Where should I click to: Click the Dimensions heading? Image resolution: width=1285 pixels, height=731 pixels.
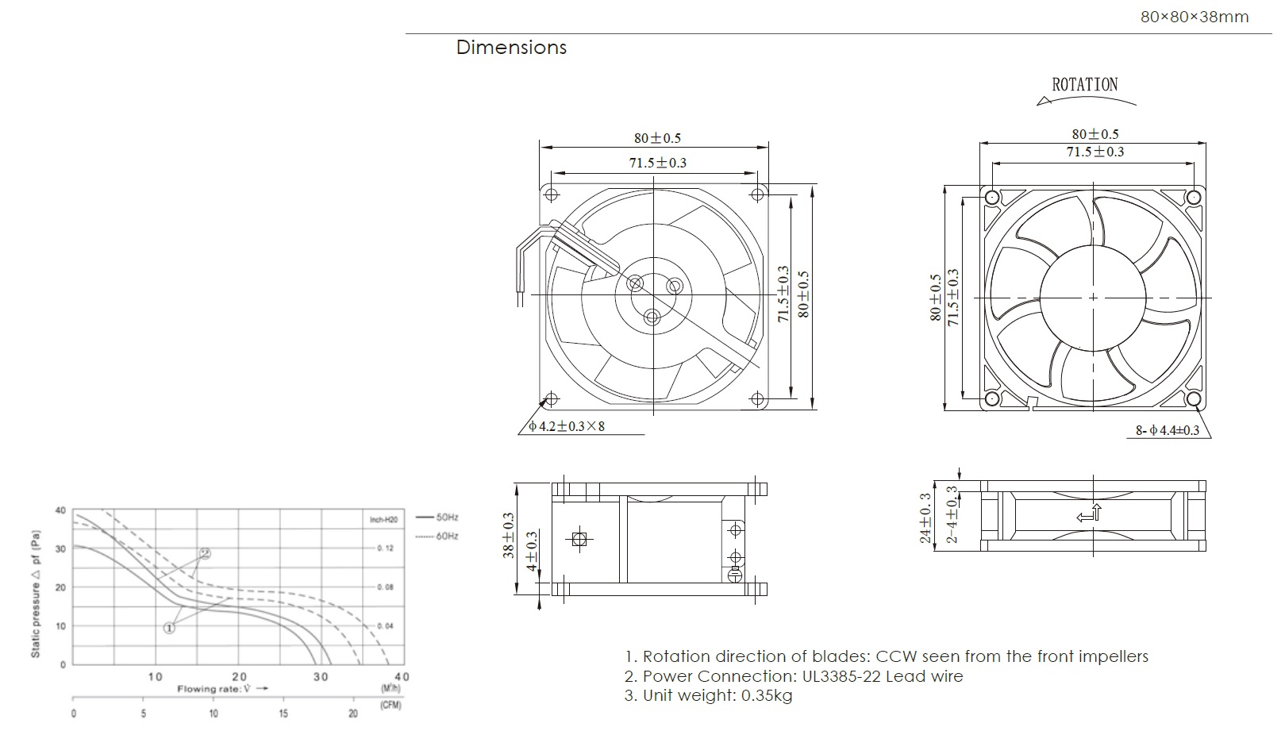[x=511, y=48]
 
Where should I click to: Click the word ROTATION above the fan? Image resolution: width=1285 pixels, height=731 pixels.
[x=1084, y=85]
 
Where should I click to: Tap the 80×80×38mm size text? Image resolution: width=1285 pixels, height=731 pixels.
[x=1194, y=17]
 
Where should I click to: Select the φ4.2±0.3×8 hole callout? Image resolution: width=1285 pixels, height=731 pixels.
[x=567, y=427]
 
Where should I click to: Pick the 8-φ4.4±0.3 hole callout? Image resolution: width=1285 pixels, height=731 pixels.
[x=1168, y=430]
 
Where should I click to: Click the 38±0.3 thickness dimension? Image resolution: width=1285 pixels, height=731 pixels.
[x=509, y=536]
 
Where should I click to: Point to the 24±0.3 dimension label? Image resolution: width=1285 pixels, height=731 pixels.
[x=925, y=517]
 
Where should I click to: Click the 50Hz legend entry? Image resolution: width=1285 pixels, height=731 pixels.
[x=447, y=517]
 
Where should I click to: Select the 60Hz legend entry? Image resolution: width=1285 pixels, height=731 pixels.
[x=447, y=536]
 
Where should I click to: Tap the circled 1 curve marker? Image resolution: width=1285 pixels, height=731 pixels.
[x=169, y=628]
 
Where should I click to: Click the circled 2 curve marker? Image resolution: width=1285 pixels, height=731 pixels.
[x=205, y=553]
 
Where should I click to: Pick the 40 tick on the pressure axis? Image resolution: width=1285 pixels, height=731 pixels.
[x=60, y=510]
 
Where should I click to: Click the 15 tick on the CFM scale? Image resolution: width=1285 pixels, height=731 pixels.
[x=283, y=714]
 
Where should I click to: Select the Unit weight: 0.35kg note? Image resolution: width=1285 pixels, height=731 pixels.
[x=708, y=696]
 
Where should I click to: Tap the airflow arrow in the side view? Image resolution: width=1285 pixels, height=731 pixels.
[x=1089, y=514]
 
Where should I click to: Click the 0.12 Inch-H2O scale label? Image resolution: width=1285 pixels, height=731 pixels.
[x=385, y=548]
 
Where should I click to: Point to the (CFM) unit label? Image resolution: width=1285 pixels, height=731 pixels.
[x=391, y=705]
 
